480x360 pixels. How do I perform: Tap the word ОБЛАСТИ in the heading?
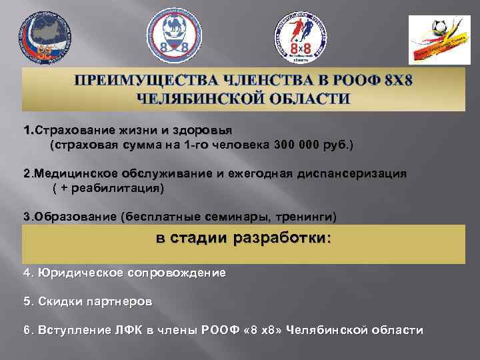(x=313, y=99)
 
